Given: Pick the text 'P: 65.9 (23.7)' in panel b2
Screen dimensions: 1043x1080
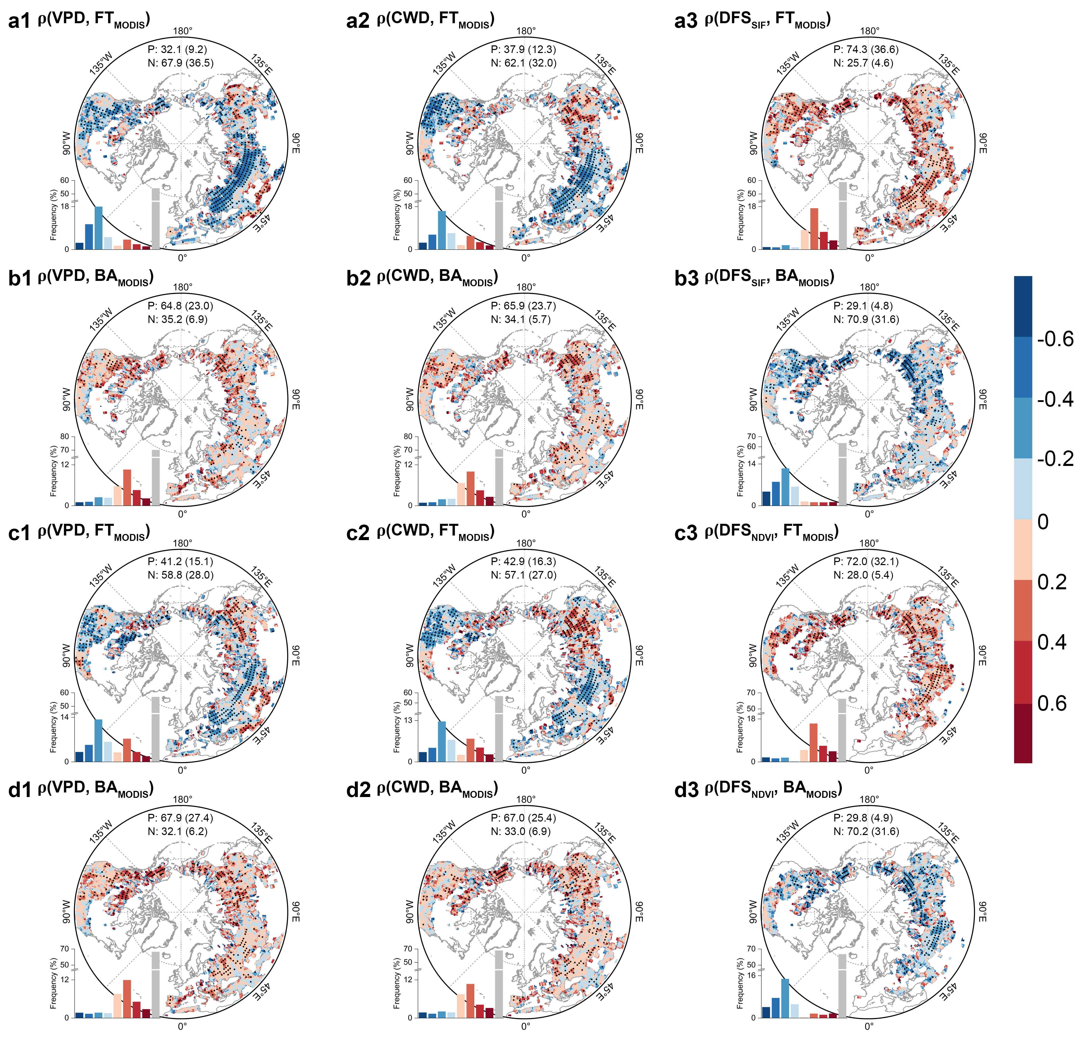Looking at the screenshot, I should click(523, 306).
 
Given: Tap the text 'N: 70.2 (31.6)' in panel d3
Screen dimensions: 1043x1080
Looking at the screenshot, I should click(866, 831).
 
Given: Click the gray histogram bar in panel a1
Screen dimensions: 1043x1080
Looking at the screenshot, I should click(156, 219).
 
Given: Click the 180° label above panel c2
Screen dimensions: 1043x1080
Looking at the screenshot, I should click(526, 543).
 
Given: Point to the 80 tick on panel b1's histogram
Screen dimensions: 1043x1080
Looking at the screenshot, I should click(65, 436).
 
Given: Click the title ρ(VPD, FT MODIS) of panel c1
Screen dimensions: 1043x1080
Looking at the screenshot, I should click(94, 532).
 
